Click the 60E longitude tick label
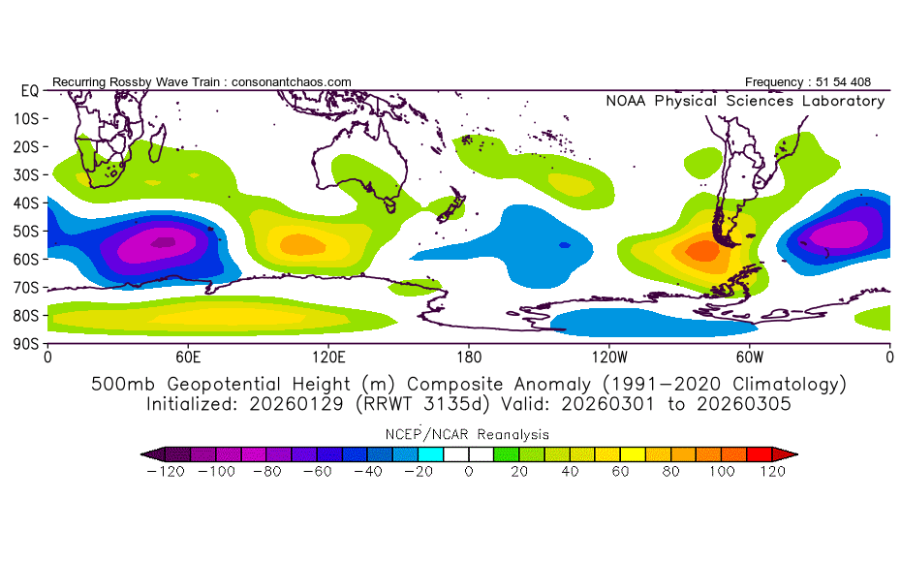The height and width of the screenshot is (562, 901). pos(188,358)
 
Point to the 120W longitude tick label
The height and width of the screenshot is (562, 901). pos(608,358)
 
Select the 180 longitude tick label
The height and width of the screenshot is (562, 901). pos(468,358)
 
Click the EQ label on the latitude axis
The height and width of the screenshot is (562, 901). pos(29,90)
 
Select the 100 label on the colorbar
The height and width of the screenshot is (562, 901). pos(722,472)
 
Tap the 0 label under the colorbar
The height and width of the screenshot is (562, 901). pos(468,472)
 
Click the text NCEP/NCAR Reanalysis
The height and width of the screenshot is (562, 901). pos(468,434)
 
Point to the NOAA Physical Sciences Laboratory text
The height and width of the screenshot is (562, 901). pos(744,101)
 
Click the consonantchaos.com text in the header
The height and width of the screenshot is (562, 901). pos(292,82)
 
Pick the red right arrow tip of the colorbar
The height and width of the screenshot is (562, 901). pos(791,453)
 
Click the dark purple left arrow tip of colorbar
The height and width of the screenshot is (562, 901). pos(146,453)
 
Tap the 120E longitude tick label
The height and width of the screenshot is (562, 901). pos(328,358)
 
